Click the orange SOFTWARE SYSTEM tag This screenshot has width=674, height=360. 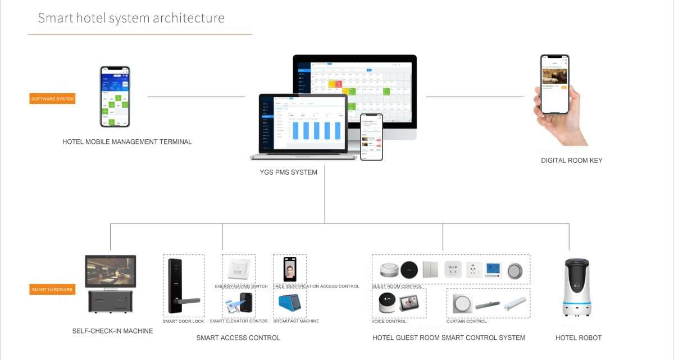point(52,98)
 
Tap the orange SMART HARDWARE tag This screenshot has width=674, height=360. point(52,289)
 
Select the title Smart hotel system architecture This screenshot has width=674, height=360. point(131,18)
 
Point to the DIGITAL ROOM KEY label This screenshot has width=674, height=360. point(572,161)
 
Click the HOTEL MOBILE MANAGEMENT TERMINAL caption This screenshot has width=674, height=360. point(127,142)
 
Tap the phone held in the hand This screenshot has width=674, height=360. point(555,84)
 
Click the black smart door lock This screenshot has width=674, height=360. point(177,286)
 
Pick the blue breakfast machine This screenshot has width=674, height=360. point(289,305)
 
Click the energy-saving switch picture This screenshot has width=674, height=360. point(239,268)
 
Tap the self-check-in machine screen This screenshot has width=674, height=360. point(111,271)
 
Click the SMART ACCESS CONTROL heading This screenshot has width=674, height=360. point(238,338)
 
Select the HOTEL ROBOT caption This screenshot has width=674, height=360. point(579,338)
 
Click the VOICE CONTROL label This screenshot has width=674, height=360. point(389,321)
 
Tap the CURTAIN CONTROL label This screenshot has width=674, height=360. point(466,321)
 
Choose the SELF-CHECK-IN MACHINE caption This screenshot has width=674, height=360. point(112,331)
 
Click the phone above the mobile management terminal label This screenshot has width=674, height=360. point(115,97)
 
